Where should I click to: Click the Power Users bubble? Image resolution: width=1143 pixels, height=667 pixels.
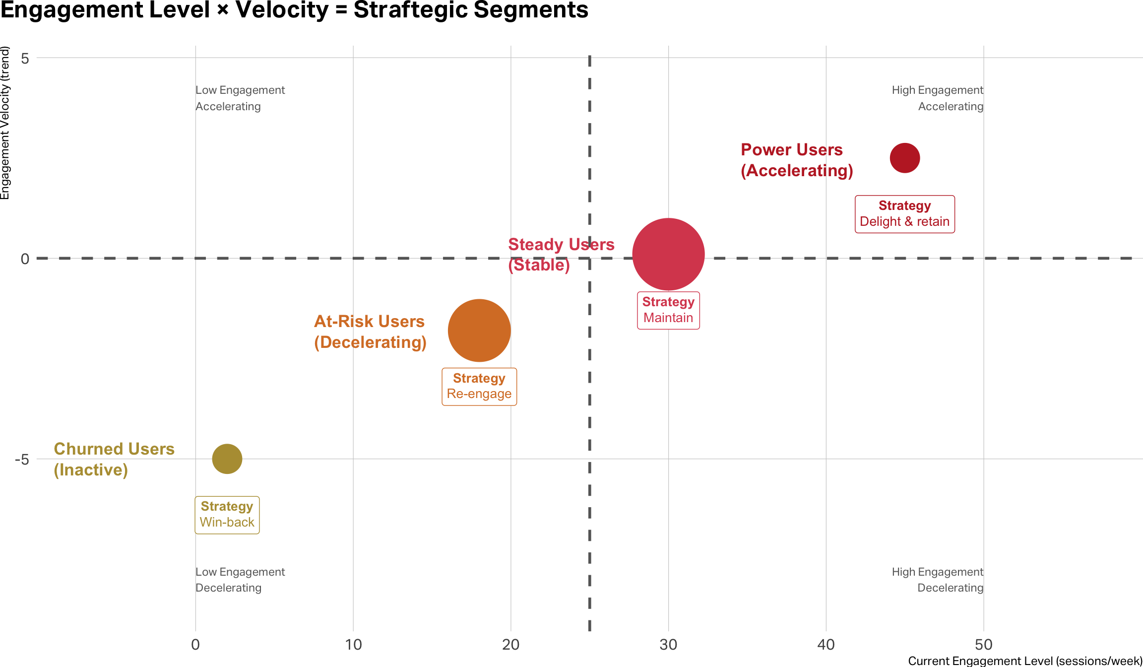coord(904,158)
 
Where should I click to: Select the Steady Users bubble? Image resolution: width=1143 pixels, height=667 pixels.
coord(668,254)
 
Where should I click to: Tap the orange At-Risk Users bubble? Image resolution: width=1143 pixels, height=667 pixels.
coord(479,331)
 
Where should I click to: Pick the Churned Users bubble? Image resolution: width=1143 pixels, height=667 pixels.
coord(227,459)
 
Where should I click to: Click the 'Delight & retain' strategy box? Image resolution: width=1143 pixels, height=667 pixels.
coord(904,214)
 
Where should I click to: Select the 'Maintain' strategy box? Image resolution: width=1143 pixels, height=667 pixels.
coord(668,310)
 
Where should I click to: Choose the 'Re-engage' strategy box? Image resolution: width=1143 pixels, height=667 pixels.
coord(479,387)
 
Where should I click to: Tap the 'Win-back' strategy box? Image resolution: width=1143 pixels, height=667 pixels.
coord(227,515)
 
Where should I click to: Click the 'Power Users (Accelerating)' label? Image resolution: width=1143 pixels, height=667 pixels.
coord(796,160)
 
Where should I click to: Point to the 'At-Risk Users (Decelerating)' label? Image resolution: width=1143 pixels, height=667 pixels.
coord(370,332)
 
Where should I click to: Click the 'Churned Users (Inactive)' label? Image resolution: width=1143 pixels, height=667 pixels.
coord(114,459)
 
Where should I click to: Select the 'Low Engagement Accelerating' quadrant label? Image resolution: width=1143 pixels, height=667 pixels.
coord(240,98)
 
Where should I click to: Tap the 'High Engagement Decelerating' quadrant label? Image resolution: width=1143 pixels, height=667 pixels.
coord(937,580)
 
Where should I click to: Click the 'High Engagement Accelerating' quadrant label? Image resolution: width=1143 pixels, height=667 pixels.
coord(937,98)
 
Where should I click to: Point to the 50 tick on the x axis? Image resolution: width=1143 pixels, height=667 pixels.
coord(983,644)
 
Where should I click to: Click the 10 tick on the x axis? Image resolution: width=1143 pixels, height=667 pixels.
coord(353,644)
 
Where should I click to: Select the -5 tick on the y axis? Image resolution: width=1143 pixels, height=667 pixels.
coord(22,459)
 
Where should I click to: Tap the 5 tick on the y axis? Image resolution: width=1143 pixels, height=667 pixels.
coord(25,59)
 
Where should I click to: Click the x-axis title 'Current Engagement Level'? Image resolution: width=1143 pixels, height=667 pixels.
coord(1025,661)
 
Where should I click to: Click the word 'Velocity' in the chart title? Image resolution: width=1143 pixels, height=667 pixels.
coord(282,10)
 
